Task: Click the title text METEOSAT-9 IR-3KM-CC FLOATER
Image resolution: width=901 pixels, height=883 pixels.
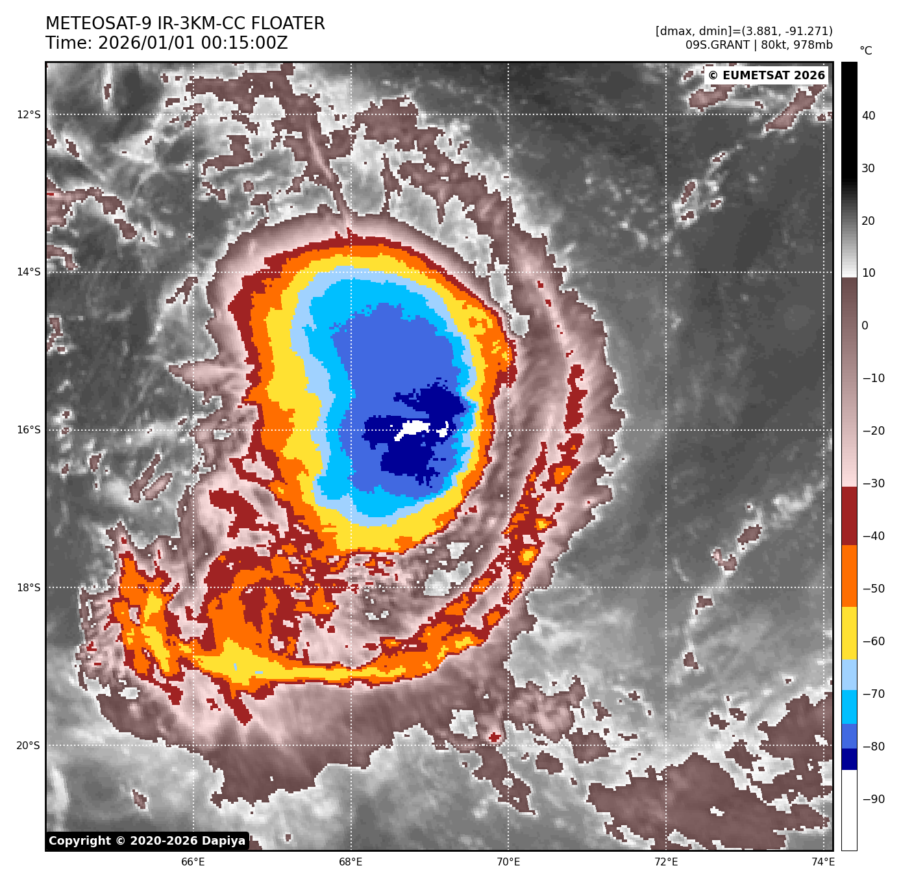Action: point(185,24)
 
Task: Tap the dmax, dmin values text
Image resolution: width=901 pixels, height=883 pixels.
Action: point(743,31)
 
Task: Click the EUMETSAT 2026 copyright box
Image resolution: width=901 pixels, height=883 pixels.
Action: point(766,75)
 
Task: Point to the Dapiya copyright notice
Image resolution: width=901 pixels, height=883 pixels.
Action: point(147,841)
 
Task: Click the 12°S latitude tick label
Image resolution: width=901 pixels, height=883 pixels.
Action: point(29,115)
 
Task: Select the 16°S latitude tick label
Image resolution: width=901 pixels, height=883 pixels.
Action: point(29,430)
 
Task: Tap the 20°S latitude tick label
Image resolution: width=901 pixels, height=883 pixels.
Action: point(29,745)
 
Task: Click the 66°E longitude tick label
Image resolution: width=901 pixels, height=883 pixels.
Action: point(193,862)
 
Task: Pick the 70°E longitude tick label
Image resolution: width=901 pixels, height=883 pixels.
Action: point(508,862)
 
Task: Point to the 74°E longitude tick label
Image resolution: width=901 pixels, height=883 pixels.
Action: point(823,862)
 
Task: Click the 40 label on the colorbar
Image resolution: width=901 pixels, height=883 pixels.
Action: point(868,116)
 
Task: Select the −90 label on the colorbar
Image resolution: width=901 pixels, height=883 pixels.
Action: point(872,799)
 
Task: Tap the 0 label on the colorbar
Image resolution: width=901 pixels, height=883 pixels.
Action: point(864,326)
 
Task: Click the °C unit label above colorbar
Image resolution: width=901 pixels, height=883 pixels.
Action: point(865,51)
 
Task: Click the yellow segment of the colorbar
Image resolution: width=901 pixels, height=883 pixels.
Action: point(849,633)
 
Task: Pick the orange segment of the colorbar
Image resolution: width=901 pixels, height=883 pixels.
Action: point(849,576)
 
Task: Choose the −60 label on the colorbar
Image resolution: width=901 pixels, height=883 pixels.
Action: point(872,641)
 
